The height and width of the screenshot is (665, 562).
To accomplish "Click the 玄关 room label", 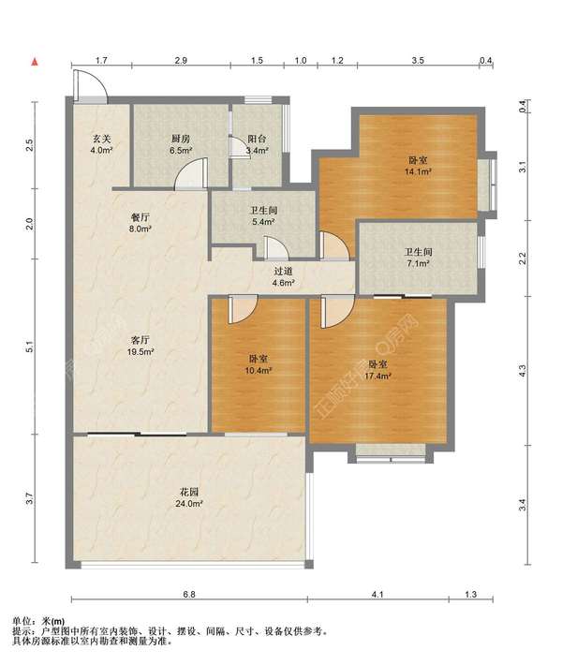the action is point(101,139).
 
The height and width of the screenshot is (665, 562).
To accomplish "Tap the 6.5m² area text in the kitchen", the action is point(181,150).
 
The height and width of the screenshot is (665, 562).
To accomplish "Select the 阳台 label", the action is point(257,139).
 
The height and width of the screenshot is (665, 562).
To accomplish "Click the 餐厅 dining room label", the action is point(140,217).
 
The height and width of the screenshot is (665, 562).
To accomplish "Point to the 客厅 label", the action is point(140,340).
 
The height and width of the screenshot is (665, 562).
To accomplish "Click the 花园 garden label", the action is point(189,493).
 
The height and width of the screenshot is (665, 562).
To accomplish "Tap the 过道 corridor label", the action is point(283,271).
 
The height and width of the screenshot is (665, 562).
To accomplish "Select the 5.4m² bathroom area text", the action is point(264,221).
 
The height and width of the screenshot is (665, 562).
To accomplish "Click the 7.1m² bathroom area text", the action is point(418,263).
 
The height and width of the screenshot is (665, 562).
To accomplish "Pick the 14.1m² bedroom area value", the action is point(418,171).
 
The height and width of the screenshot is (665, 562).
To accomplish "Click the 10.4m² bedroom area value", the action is point(258,370).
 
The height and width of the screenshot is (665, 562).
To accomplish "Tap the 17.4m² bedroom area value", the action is point(377,376).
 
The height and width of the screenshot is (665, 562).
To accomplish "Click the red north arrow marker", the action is point(35,62).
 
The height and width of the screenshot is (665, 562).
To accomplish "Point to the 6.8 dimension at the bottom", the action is point(189,594).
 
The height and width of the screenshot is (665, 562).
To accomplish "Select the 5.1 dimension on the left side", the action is point(29,347).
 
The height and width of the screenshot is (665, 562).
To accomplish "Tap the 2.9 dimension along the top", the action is point(181,60).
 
